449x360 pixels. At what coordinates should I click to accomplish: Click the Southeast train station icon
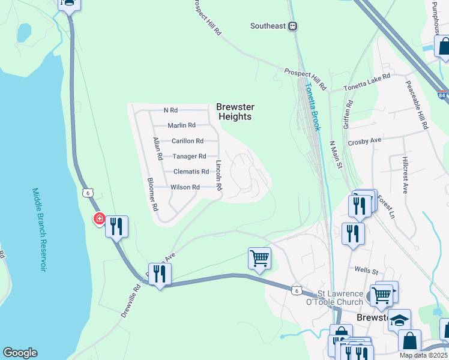(292, 26)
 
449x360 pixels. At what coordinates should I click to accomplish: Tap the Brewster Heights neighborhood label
(235, 112)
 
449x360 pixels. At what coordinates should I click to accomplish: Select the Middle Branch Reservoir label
(38, 229)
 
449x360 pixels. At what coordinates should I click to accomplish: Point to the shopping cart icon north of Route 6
(259, 259)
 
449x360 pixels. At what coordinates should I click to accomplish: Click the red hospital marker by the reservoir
(98, 218)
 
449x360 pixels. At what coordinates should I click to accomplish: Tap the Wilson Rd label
(185, 187)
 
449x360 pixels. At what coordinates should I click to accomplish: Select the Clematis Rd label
(190, 172)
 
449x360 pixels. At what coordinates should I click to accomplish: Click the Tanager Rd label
(189, 157)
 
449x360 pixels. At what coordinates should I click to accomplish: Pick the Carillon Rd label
(187, 141)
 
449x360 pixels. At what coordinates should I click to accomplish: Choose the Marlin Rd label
(181, 125)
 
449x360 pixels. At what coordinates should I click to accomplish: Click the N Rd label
(170, 110)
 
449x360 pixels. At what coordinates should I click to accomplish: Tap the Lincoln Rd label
(219, 175)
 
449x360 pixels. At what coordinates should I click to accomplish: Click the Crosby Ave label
(364, 140)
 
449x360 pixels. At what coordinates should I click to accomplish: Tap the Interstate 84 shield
(442, 95)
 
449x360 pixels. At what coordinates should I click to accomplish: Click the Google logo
(20, 353)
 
